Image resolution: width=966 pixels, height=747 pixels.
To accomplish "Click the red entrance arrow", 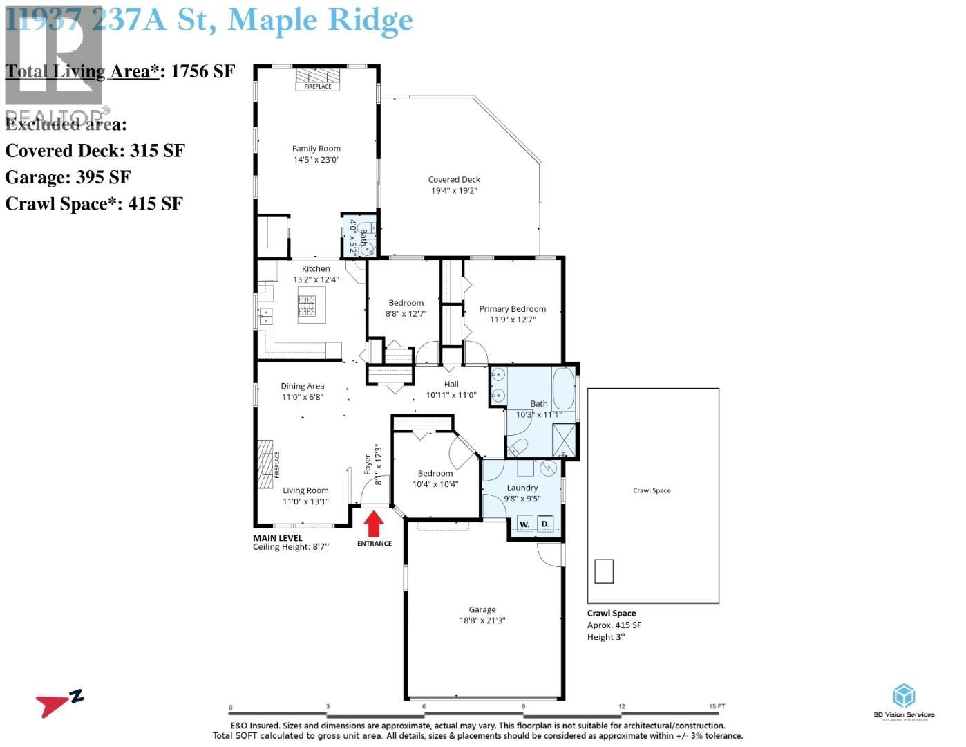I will coord(374,523).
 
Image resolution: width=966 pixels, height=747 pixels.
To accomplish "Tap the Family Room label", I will coord(316,149).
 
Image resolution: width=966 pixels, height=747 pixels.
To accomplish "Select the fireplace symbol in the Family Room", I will coord(318,77).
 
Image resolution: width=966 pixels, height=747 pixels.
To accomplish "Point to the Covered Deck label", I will coord(454,180).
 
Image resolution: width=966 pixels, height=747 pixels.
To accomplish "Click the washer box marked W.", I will coord(524,524).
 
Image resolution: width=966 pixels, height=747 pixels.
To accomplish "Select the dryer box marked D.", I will coord(545,524).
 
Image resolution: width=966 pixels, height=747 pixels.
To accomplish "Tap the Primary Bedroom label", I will coord(513,309).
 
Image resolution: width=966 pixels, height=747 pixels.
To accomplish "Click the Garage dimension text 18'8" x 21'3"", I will coord(482,620).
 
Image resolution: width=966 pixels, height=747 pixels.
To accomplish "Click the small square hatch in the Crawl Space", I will coord(603,571).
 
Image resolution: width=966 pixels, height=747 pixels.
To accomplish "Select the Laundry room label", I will coord(522,488).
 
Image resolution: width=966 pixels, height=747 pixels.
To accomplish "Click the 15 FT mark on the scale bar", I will coord(717,707).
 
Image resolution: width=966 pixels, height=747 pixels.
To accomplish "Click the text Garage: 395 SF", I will coord(68,178).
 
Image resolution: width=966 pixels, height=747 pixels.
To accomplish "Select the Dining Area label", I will coord(302,387).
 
